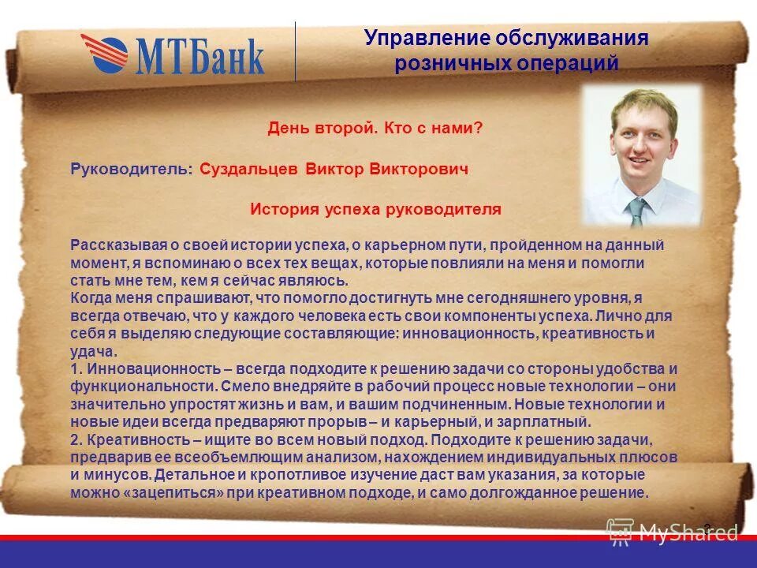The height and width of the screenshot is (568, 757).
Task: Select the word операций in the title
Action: tap(573, 64)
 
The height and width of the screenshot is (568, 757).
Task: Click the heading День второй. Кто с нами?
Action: tap(375, 127)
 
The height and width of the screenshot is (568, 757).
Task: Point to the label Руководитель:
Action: tap(131, 169)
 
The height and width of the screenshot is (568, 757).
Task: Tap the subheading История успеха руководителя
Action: tap(375, 209)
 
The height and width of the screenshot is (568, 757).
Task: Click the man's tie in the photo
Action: tap(637, 212)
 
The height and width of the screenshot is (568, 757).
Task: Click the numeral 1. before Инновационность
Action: tap(76, 369)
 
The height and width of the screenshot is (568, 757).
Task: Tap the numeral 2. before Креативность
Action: tap(76, 439)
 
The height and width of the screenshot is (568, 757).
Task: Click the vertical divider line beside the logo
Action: tap(296, 51)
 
